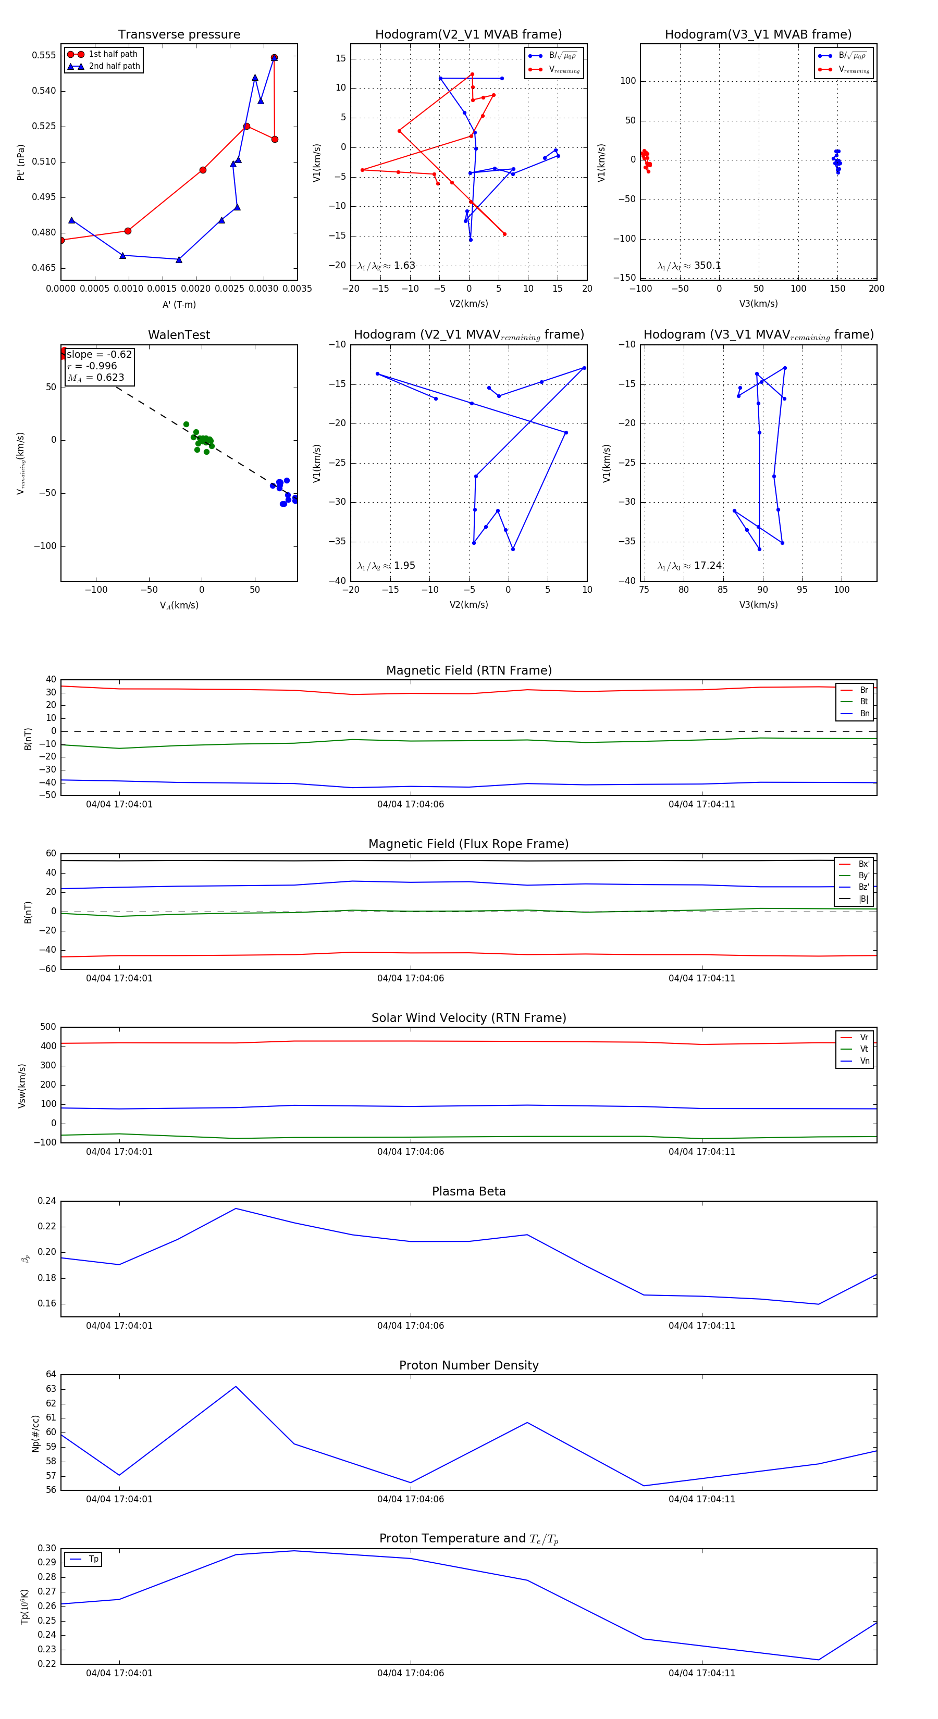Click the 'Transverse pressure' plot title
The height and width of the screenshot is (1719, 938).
pyautogui.click(x=179, y=35)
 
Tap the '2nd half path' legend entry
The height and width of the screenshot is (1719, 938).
pyautogui.click(x=114, y=66)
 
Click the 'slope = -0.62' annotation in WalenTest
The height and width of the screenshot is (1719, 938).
pyautogui.click(x=99, y=354)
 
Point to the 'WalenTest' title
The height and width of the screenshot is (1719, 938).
pyautogui.click(x=179, y=335)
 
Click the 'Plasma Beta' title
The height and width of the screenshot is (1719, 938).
pyautogui.click(x=468, y=1191)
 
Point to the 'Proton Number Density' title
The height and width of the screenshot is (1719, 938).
pyautogui.click(x=468, y=1365)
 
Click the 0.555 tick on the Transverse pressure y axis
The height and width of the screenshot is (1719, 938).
pyautogui.click(x=44, y=55)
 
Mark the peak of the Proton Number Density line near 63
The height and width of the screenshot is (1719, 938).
pyautogui.click(x=236, y=1387)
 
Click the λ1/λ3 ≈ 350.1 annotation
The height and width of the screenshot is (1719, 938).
pyautogui.click(x=689, y=266)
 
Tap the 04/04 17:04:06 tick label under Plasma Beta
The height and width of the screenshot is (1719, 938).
pyautogui.click(x=410, y=1325)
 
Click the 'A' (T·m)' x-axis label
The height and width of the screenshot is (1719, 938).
pyautogui.click(x=179, y=304)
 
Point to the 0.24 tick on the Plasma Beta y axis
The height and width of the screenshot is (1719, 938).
pyautogui.click(x=47, y=1201)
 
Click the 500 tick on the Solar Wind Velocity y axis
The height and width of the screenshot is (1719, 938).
pyautogui.click(x=48, y=1027)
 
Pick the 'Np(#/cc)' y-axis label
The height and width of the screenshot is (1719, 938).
pyautogui.click(x=35, y=1434)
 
